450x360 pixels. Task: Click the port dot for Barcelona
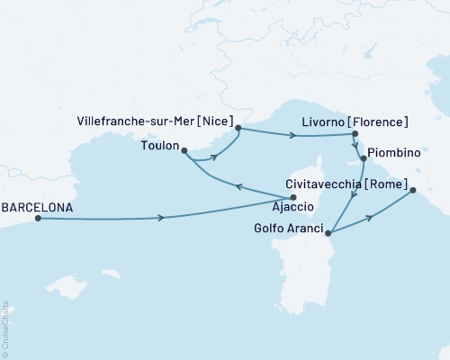(x=38, y=218)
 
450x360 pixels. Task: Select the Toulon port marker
(x=184, y=150)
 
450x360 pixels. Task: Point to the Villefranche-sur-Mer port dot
(x=238, y=128)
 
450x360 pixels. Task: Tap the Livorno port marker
(x=352, y=135)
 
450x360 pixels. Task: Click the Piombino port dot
(x=363, y=158)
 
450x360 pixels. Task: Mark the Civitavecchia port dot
(x=412, y=190)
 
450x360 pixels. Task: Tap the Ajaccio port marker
(x=294, y=198)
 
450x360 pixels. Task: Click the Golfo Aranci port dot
(x=328, y=234)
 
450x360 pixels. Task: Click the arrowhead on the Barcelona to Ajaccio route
(x=161, y=218)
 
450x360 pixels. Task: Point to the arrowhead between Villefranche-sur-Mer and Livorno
(x=292, y=137)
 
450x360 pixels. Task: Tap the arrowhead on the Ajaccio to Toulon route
(x=238, y=187)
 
